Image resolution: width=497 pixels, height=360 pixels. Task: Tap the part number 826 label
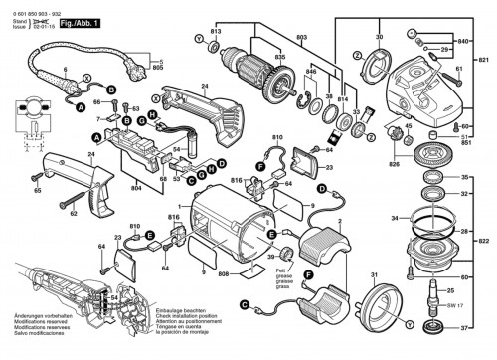point(395,162)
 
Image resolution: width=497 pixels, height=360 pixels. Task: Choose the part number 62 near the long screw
point(73,213)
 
